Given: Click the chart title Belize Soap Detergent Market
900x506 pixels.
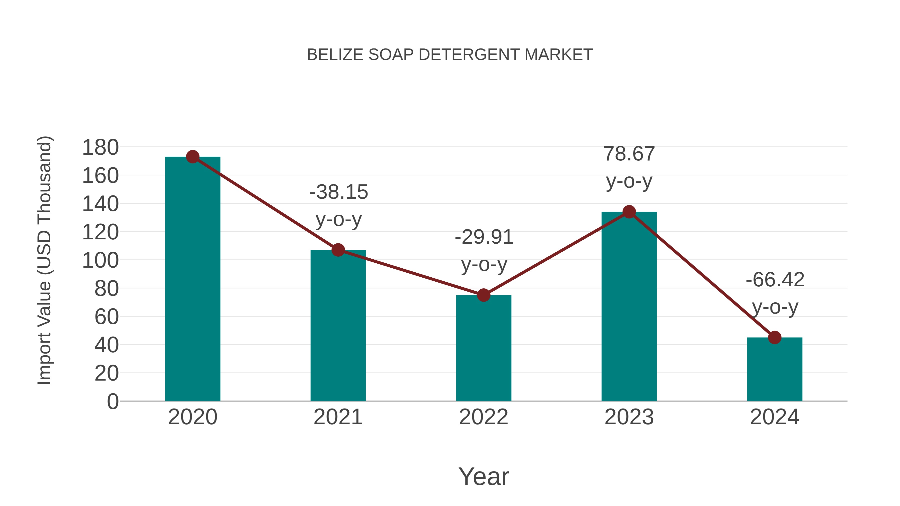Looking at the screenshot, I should pos(450,55).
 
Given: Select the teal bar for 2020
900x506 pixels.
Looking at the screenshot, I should pos(192,279).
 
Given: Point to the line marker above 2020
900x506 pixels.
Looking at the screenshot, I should pos(192,157).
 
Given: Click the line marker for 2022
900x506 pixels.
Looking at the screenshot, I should pos(483,295).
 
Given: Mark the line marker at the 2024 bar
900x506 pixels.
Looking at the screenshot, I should pos(774,337).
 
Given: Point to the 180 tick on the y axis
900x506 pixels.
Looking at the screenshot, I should pos(100,147).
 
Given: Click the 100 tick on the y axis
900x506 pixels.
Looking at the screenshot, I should pos(100,261).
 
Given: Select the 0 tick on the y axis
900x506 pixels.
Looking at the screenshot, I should pos(112,402).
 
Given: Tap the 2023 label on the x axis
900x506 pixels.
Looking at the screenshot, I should pos(629,417).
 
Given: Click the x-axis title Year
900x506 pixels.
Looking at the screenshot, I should pos(483,477).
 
